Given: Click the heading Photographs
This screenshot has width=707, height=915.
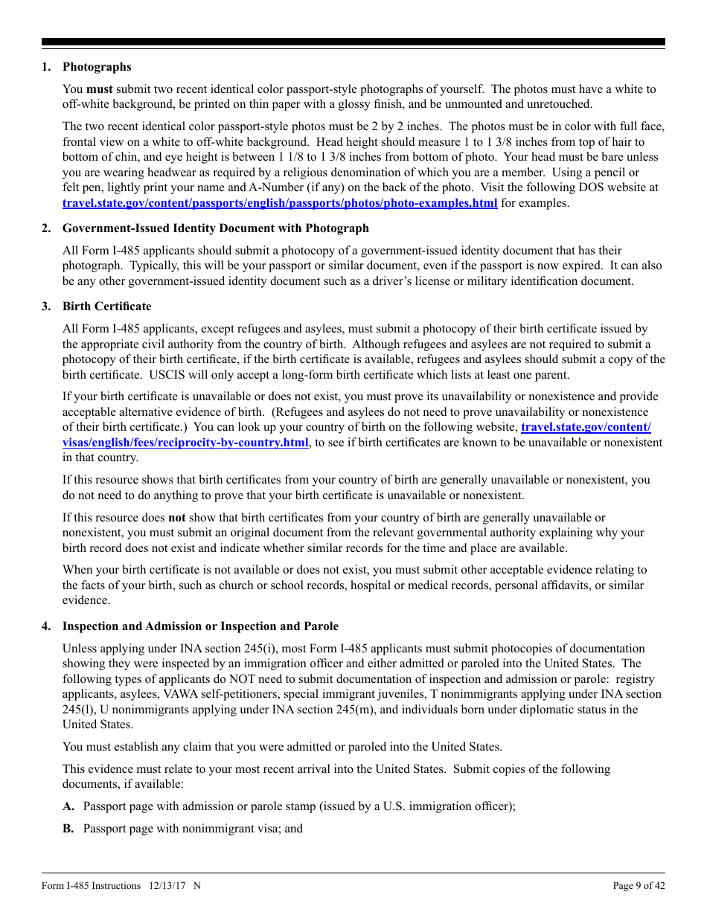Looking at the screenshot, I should coord(97,67).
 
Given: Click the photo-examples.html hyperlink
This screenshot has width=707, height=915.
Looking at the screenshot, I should coord(279,202).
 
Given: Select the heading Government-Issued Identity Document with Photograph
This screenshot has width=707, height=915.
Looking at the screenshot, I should coord(215,228).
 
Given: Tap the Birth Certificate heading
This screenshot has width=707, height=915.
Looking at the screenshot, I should coord(106,306).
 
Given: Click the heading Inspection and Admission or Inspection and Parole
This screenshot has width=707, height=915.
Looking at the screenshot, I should coord(200,626).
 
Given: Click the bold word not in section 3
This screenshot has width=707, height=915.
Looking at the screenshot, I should coord(177,518).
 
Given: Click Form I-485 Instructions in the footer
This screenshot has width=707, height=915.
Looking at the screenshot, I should coord(91,886).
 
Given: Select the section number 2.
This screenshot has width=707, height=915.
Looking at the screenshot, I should coord(46,228).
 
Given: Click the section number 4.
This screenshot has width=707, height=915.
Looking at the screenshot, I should coord(46,626).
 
